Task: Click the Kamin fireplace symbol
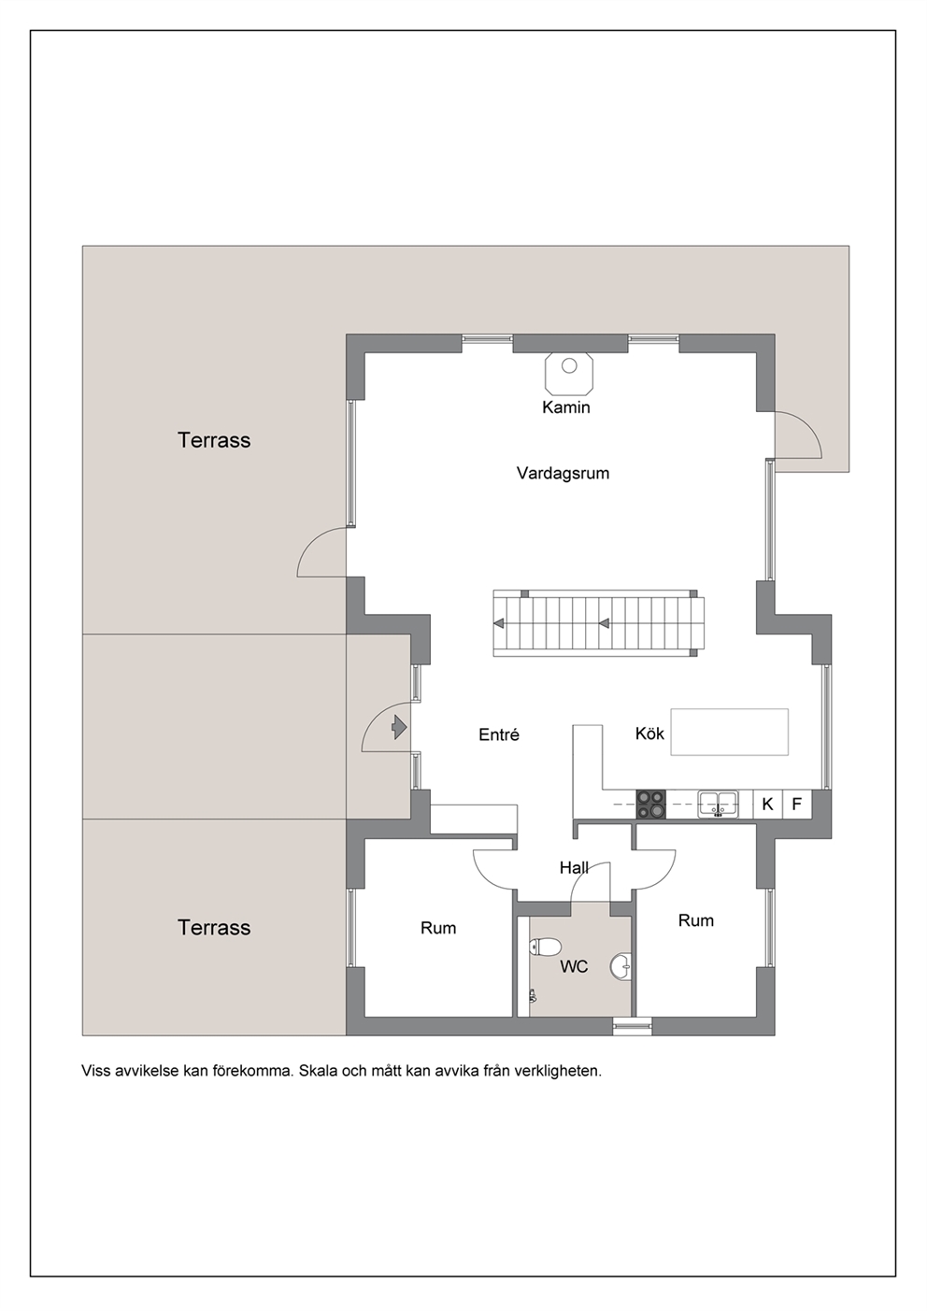[x=569, y=373]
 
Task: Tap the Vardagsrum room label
[x=563, y=473]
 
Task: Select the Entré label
[x=499, y=734]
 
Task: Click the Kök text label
[x=649, y=734]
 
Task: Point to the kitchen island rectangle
[x=729, y=732]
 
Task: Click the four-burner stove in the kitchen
[x=651, y=805]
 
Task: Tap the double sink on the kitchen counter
[x=718, y=804]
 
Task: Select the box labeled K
[x=767, y=805]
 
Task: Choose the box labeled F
[x=796, y=805]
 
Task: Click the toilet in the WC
[x=545, y=947]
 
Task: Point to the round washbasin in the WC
[x=620, y=966]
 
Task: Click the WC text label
[x=574, y=967]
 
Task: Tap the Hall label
[x=574, y=867]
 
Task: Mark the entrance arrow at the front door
[x=400, y=728]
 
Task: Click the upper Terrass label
[x=214, y=440]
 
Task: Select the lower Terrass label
[x=214, y=927]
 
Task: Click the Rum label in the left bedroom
[x=437, y=928]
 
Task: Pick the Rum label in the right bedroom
[x=696, y=920]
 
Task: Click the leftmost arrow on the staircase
[x=499, y=622]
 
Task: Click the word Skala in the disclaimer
[x=316, y=1071]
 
